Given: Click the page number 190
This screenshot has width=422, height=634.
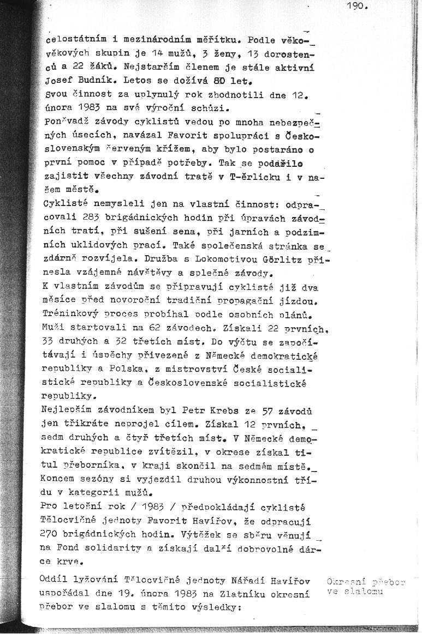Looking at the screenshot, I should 357,6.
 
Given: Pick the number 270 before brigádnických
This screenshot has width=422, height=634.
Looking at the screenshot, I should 52,536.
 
